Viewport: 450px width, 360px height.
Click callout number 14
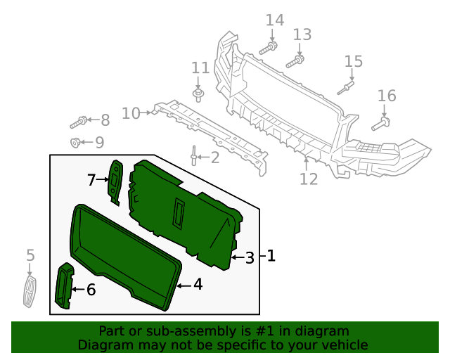274,20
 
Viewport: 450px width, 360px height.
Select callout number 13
302,34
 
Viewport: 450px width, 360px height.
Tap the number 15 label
354,62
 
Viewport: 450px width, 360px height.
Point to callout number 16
387,96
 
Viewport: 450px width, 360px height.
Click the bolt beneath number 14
269,48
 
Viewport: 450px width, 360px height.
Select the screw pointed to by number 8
78,123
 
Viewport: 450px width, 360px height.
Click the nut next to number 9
75,143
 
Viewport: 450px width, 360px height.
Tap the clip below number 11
198,94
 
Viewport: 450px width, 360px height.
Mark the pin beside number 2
192,155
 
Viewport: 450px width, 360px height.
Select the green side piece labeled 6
65,286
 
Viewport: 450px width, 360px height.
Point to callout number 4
198,285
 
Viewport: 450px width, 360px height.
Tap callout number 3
250,258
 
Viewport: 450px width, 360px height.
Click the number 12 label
309,179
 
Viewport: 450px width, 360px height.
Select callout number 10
131,113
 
